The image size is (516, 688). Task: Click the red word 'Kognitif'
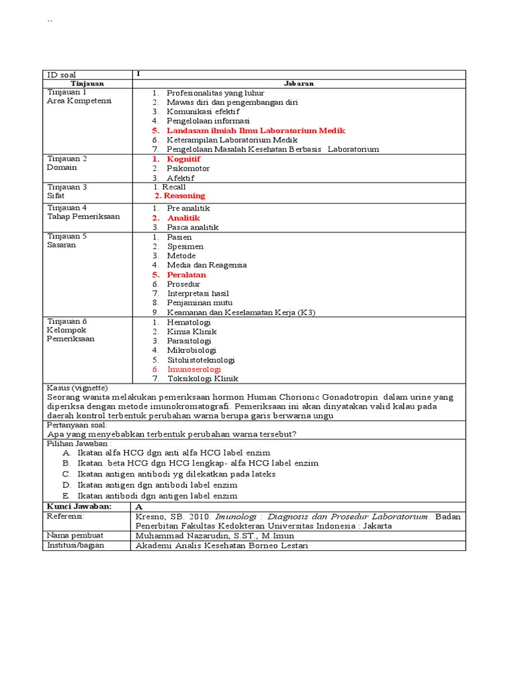183,159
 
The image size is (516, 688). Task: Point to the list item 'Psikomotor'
188,168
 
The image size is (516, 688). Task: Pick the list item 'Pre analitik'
188,208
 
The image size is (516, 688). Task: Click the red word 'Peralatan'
186,275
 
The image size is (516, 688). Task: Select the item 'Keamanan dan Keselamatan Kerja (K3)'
241,312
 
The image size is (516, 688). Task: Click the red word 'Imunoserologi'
193,369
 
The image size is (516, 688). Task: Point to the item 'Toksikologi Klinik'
202,378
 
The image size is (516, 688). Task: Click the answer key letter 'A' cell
139,506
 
